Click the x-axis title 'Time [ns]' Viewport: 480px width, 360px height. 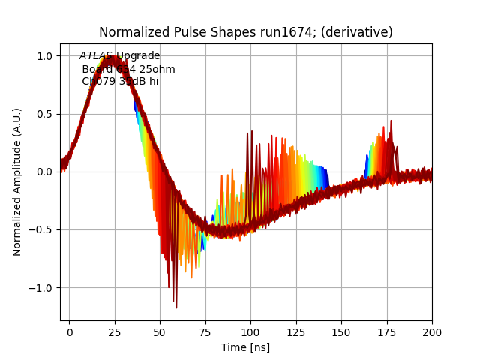point(245,347)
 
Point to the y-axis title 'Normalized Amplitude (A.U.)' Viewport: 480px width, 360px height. point(17,182)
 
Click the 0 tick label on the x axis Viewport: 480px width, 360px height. point(69,331)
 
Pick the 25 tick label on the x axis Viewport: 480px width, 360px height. point(115,331)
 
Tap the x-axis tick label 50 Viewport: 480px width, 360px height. point(160,331)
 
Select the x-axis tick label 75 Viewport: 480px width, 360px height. point(205,331)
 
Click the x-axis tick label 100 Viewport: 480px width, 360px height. point(250,331)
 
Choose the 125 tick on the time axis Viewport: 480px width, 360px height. point(296,331)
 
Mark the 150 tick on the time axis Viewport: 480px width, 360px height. point(341,331)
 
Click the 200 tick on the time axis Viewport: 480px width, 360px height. point(432,331)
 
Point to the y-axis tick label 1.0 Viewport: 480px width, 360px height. point(44,56)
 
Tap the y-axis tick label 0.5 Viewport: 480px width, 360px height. point(44,114)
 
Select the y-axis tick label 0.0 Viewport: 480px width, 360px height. point(44,172)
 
